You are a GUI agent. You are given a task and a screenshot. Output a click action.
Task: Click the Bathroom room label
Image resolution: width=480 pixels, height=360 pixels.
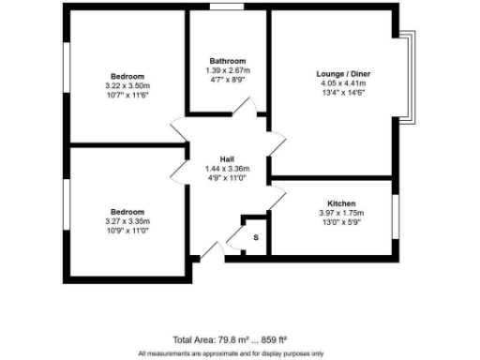click(228, 61)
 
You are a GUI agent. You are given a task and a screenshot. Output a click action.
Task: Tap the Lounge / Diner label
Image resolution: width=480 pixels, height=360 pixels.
click(340, 71)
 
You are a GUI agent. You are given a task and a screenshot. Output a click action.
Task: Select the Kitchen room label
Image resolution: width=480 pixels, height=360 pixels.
click(340, 203)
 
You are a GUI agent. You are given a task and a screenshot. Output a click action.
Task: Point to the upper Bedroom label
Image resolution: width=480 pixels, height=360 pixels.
click(127, 76)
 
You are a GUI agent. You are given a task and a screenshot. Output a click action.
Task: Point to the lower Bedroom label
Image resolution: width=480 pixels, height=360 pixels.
click(127, 212)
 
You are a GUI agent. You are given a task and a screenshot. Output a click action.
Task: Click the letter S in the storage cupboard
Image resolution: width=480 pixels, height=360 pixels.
click(255, 238)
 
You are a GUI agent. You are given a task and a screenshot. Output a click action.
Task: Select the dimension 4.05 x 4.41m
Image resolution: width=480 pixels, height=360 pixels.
click(340, 82)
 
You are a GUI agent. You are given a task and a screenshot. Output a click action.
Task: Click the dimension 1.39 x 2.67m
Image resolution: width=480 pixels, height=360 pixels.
click(228, 70)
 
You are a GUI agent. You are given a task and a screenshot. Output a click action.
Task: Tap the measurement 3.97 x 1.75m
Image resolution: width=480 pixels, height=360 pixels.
click(340, 213)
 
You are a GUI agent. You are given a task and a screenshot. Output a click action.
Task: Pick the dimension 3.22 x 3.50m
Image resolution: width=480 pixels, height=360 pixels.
click(127, 86)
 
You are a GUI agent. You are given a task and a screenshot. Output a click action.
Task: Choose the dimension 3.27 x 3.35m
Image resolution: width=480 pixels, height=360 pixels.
click(127, 221)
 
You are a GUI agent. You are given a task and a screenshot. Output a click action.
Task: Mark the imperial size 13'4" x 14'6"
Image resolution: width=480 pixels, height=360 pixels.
click(340, 92)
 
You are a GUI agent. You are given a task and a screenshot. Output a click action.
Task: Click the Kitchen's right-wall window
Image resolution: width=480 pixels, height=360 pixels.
click(395, 216)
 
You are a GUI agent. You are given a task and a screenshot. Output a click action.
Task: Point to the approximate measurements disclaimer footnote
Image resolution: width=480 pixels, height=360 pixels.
click(231, 352)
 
